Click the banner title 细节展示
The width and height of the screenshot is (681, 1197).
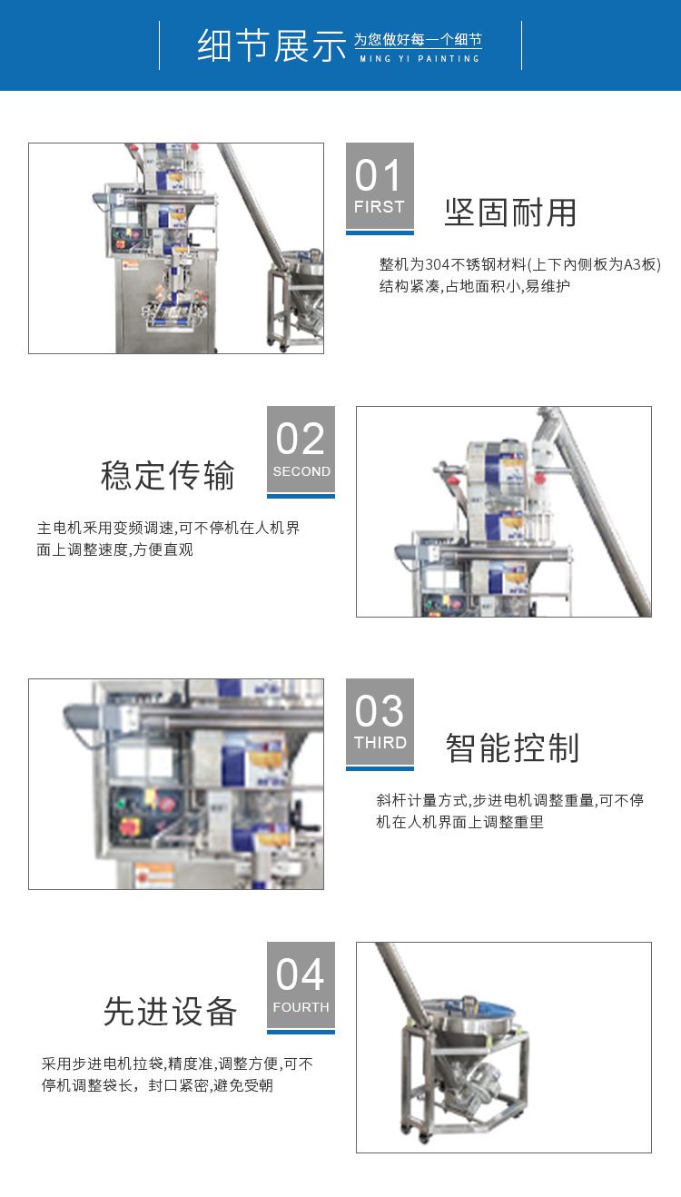[x=271, y=46]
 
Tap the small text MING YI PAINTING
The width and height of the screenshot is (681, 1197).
[x=417, y=59]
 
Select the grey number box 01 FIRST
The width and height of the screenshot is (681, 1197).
[x=380, y=185]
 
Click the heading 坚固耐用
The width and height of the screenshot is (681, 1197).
[x=510, y=213]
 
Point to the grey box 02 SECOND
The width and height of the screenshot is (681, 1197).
[x=301, y=449]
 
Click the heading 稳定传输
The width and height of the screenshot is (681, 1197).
[x=168, y=476]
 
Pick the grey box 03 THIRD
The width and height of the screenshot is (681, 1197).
[x=380, y=721]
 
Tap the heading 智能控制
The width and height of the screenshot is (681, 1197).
[x=512, y=747]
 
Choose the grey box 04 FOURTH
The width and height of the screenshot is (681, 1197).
[x=301, y=984]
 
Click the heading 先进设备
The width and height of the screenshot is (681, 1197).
[x=170, y=1011]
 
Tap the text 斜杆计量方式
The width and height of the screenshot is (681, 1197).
[x=421, y=800]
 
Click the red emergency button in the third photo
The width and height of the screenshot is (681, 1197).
[x=130, y=826]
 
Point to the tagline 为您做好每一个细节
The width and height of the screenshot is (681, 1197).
[x=417, y=40]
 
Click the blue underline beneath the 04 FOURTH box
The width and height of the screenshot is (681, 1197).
[x=301, y=1031]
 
